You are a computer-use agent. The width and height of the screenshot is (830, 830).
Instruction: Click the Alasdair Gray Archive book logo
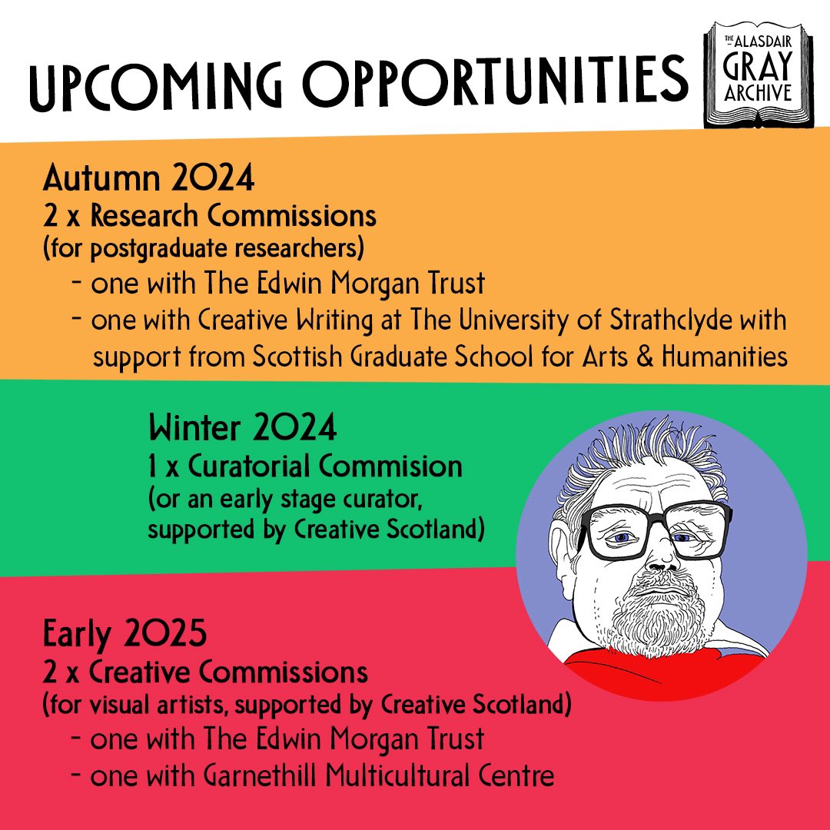tap(754, 78)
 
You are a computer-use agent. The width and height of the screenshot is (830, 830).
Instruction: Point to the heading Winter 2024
tap(242, 429)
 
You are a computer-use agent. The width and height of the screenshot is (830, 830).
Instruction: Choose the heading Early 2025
tap(125, 637)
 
